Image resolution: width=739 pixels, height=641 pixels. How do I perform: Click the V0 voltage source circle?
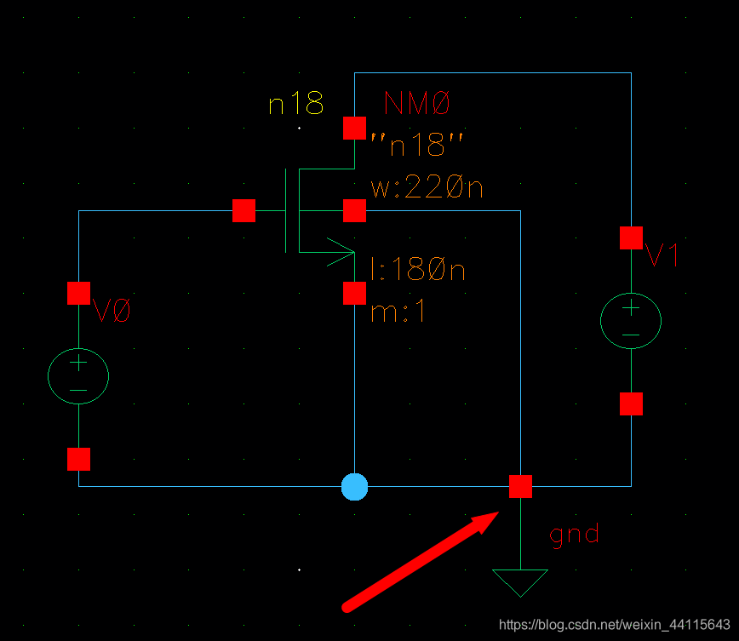tap(77, 375)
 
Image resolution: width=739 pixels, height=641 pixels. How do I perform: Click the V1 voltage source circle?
tap(631, 322)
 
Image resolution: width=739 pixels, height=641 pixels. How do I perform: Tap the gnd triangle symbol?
tap(519, 581)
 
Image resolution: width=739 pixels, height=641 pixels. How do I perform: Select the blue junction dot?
tap(354, 487)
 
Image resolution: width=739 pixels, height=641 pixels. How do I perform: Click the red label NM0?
tap(416, 105)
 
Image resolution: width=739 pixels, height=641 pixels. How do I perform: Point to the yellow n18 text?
tap(296, 105)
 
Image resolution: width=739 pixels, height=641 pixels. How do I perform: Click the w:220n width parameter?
tap(427, 186)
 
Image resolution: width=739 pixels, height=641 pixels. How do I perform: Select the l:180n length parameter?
tap(418, 271)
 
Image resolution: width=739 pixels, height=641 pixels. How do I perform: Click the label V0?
tap(112, 312)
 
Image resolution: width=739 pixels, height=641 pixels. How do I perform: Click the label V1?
tap(662, 255)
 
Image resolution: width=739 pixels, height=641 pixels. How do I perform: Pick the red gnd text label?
tap(574, 535)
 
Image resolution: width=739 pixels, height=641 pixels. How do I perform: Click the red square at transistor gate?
tap(243, 210)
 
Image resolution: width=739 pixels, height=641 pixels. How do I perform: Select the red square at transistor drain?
tap(354, 129)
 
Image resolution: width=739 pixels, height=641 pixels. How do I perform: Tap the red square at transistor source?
tap(354, 293)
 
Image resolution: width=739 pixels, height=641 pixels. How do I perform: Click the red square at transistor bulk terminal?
tap(354, 210)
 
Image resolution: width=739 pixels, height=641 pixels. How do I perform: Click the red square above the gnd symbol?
tap(520, 487)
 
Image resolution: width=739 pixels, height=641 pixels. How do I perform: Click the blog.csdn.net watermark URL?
tap(614, 624)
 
